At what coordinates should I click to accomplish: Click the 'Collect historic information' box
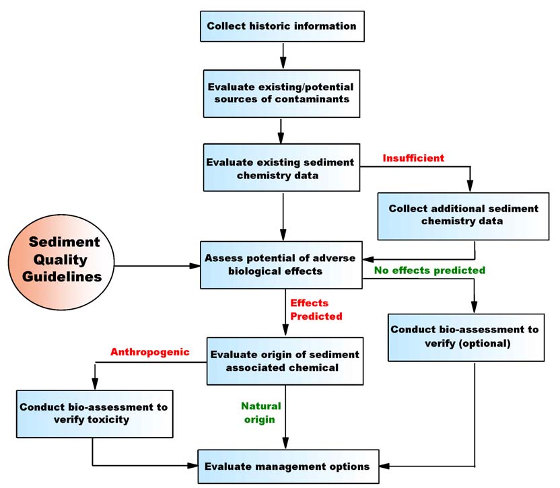[281, 26]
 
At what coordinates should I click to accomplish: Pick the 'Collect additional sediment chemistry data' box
[463, 215]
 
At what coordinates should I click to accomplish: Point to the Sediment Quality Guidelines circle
[63, 259]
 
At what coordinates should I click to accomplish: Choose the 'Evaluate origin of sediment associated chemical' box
[285, 361]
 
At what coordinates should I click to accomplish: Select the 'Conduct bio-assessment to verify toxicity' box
[93, 414]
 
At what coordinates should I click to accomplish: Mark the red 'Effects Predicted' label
[316, 310]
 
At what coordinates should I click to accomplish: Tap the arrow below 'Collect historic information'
[283, 53]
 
